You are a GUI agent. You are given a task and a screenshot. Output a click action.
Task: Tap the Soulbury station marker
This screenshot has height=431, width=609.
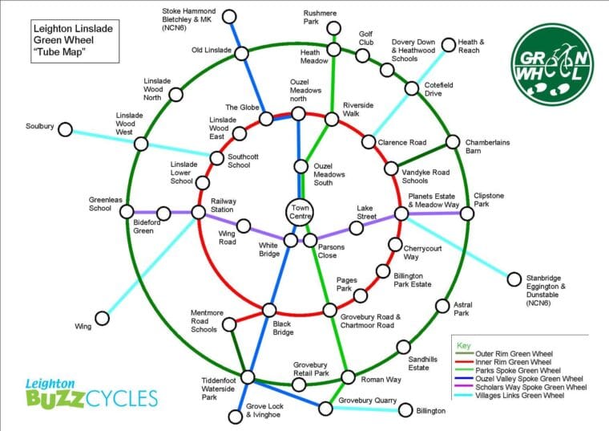click(67, 129)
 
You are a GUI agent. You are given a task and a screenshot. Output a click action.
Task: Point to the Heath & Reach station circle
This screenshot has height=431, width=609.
click(450, 44)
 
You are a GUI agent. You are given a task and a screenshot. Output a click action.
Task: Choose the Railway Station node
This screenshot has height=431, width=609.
click(198, 213)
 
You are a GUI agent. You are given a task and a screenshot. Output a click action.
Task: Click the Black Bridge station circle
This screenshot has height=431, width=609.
click(270, 310)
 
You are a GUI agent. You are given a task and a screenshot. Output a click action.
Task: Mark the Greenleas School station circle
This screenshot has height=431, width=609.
click(126, 213)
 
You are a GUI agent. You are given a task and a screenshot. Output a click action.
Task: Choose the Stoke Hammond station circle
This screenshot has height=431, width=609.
click(230, 17)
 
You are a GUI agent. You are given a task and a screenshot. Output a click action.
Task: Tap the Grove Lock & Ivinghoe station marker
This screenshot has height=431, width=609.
click(235, 417)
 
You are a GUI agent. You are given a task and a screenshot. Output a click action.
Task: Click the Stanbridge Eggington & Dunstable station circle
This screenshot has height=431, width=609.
click(514, 279)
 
